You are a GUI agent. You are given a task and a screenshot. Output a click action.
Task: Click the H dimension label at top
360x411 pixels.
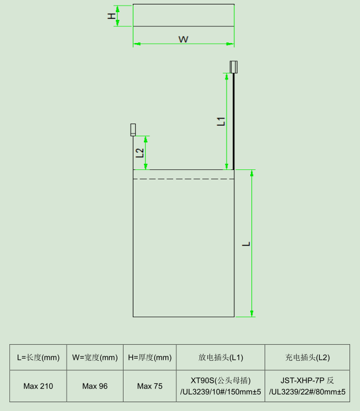(x=111, y=15)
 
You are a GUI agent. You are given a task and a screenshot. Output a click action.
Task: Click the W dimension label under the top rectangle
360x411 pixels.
(x=184, y=39)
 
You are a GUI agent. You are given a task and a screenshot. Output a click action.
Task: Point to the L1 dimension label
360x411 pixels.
(x=221, y=122)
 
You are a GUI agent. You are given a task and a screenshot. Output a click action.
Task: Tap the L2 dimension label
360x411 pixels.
(x=139, y=153)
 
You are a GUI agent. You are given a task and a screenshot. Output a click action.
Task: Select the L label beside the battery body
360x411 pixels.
(x=246, y=243)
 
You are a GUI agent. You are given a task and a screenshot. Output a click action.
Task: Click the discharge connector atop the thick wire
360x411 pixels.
(x=233, y=67)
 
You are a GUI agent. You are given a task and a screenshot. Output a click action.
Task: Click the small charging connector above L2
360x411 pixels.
(x=133, y=130)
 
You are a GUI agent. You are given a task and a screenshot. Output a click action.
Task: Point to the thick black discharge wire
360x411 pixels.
(x=234, y=121)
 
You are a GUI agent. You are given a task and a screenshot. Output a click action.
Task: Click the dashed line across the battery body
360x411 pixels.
(x=184, y=179)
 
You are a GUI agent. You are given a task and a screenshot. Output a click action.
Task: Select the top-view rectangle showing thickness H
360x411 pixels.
(x=184, y=15)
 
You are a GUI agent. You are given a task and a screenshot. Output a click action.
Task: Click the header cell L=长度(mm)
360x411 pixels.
(x=38, y=357)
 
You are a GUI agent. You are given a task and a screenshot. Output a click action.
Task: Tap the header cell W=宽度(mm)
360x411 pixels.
(x=95, y=357)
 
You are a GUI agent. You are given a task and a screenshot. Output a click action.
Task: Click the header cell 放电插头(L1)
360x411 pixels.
(x=221, y=357)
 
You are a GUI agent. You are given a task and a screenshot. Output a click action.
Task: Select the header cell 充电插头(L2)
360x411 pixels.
(x=307, y=357)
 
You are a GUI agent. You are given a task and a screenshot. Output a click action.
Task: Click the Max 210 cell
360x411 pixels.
(x=38, y=386)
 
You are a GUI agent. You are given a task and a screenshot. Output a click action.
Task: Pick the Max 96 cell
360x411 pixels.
(x=95, y=386)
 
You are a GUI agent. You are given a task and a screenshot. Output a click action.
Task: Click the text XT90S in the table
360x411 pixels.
(x=202, y=380)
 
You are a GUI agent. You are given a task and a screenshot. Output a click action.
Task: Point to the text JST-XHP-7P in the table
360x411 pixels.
(x=298, y=380)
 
